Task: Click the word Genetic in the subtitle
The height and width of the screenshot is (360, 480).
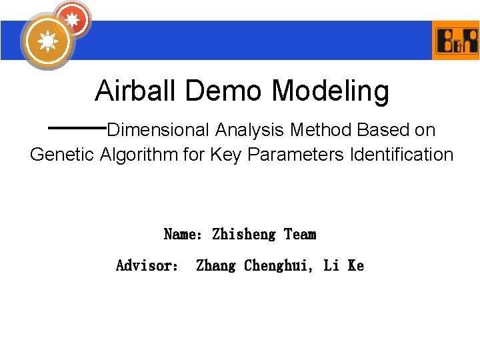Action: [63, 155]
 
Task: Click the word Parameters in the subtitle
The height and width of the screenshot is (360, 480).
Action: [289, 155]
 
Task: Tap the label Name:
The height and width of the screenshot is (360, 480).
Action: [183, 234]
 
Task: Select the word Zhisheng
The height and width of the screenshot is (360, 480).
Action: [243, 234]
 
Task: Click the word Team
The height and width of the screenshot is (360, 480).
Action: [300, 234]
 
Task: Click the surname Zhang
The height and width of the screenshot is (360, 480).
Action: [216, 265]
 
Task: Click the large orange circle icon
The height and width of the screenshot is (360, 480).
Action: [47, 41]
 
